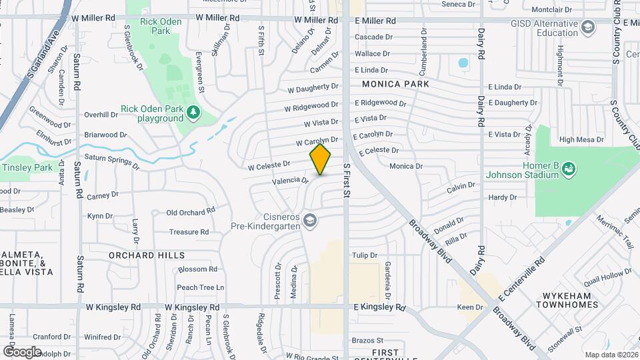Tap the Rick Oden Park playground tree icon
tap(193, 112)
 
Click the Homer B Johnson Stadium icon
tap(569, 169)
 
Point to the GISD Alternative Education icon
tap(588, 27)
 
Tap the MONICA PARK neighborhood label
tap(395, 85)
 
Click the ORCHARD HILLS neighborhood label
tap(147, 255)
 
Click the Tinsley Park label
tap(27, 167)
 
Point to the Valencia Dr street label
tap(290, 180)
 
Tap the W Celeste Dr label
tap(269, 163)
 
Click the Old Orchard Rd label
tap(191, 212)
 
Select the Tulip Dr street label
tap(365, 255)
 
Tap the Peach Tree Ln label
tap(201, 287)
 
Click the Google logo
tap(21, 351)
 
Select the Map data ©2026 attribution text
tap(611, 355)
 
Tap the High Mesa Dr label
tap(581, 140)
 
